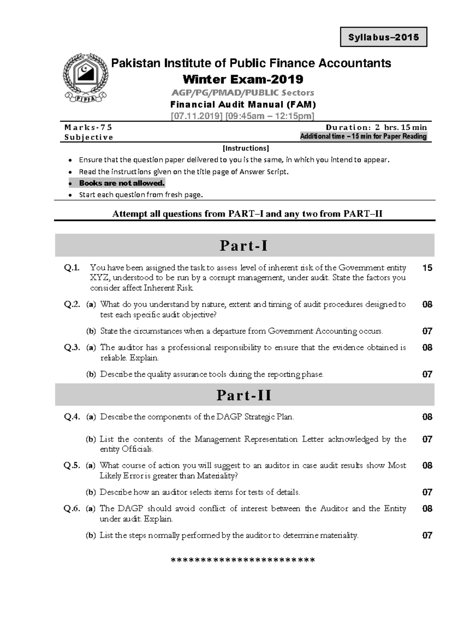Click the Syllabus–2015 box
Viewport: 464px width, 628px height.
(383, 37)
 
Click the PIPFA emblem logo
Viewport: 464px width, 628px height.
(85, 78)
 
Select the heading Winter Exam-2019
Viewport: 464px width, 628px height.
(243, 79)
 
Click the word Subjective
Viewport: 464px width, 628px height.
(89, 137)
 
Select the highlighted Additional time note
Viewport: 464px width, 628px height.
(363, 136)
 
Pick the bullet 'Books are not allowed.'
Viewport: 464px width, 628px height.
(122, 183)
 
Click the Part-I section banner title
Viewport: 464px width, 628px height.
(244, 246)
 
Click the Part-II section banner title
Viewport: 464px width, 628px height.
(244, 395)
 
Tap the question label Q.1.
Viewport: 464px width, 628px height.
(72, 268)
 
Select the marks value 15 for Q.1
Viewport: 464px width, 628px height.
(427, 268)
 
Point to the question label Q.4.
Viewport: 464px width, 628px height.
(72, 417)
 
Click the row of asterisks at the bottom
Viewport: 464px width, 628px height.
(243, 560)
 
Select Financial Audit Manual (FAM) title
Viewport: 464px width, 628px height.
(243, 104)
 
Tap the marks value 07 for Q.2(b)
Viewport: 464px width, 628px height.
(427, 331)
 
